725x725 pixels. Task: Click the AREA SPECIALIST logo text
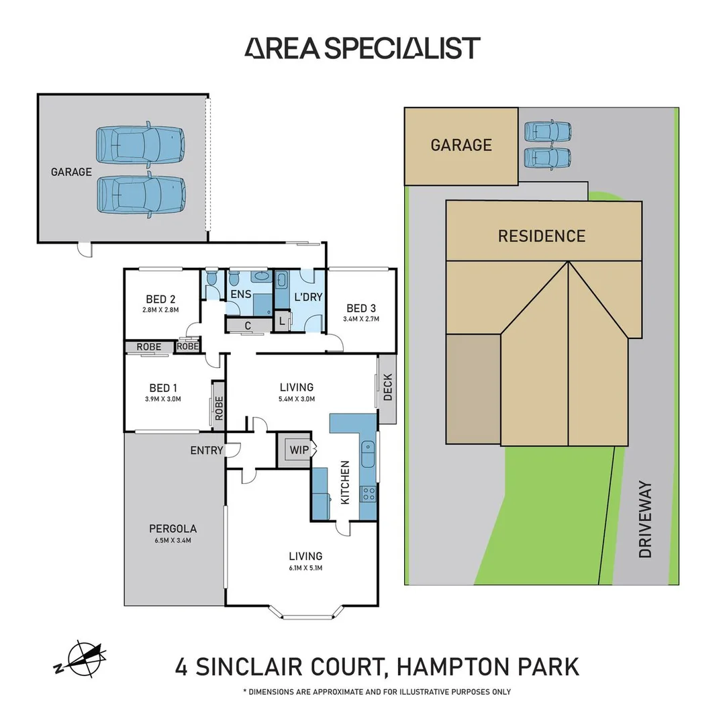click(x=362, y=48)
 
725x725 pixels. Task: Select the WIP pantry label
click(x=296, y=449)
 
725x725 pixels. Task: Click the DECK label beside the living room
click(x=387, y=387)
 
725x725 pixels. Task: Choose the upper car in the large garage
click(x=140, y=144)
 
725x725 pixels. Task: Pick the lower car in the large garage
click(x=140, y=194)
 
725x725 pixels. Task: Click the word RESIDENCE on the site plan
click(x=541, y=236)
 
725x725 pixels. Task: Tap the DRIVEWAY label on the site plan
click(x=645, y=518)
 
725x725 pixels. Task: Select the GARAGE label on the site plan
click(x=461, y=145)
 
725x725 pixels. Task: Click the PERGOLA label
click(x=173, y=528)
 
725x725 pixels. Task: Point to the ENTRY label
click(x=206, y=450)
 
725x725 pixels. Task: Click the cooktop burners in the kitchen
click(x=369, y=494)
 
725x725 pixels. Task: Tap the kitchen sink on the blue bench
click(x=368, y=456)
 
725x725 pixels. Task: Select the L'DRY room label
click(x=308, y=297)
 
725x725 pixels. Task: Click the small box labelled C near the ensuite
click(x=248, y=326)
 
